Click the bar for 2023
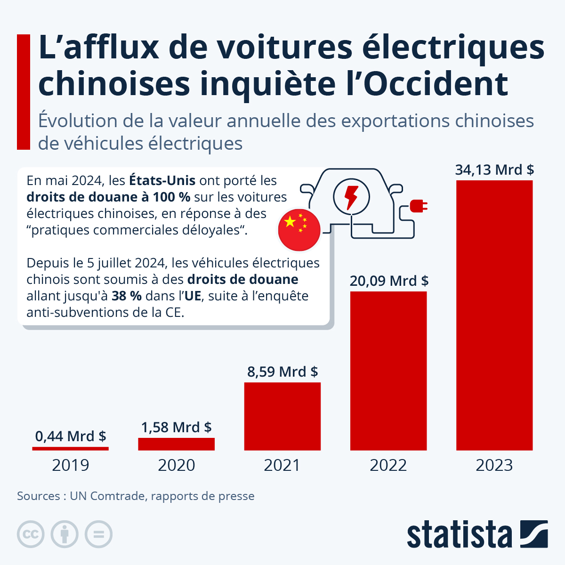[494, 315]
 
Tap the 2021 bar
[282, 416]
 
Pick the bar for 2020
[177, 444]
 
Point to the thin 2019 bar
[71, 449]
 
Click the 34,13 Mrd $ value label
[494, 169]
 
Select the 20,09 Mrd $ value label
[389, 281]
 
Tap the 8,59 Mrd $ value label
[282, 372]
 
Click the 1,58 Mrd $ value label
[177, 427]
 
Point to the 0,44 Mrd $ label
[71, 436]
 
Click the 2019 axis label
[71, 465]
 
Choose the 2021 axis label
[282, 465]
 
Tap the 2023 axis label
[494, 465]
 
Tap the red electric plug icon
[418, 206]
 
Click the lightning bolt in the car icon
[351, 197]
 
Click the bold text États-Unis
[162, 180]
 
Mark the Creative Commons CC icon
[31, 534]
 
